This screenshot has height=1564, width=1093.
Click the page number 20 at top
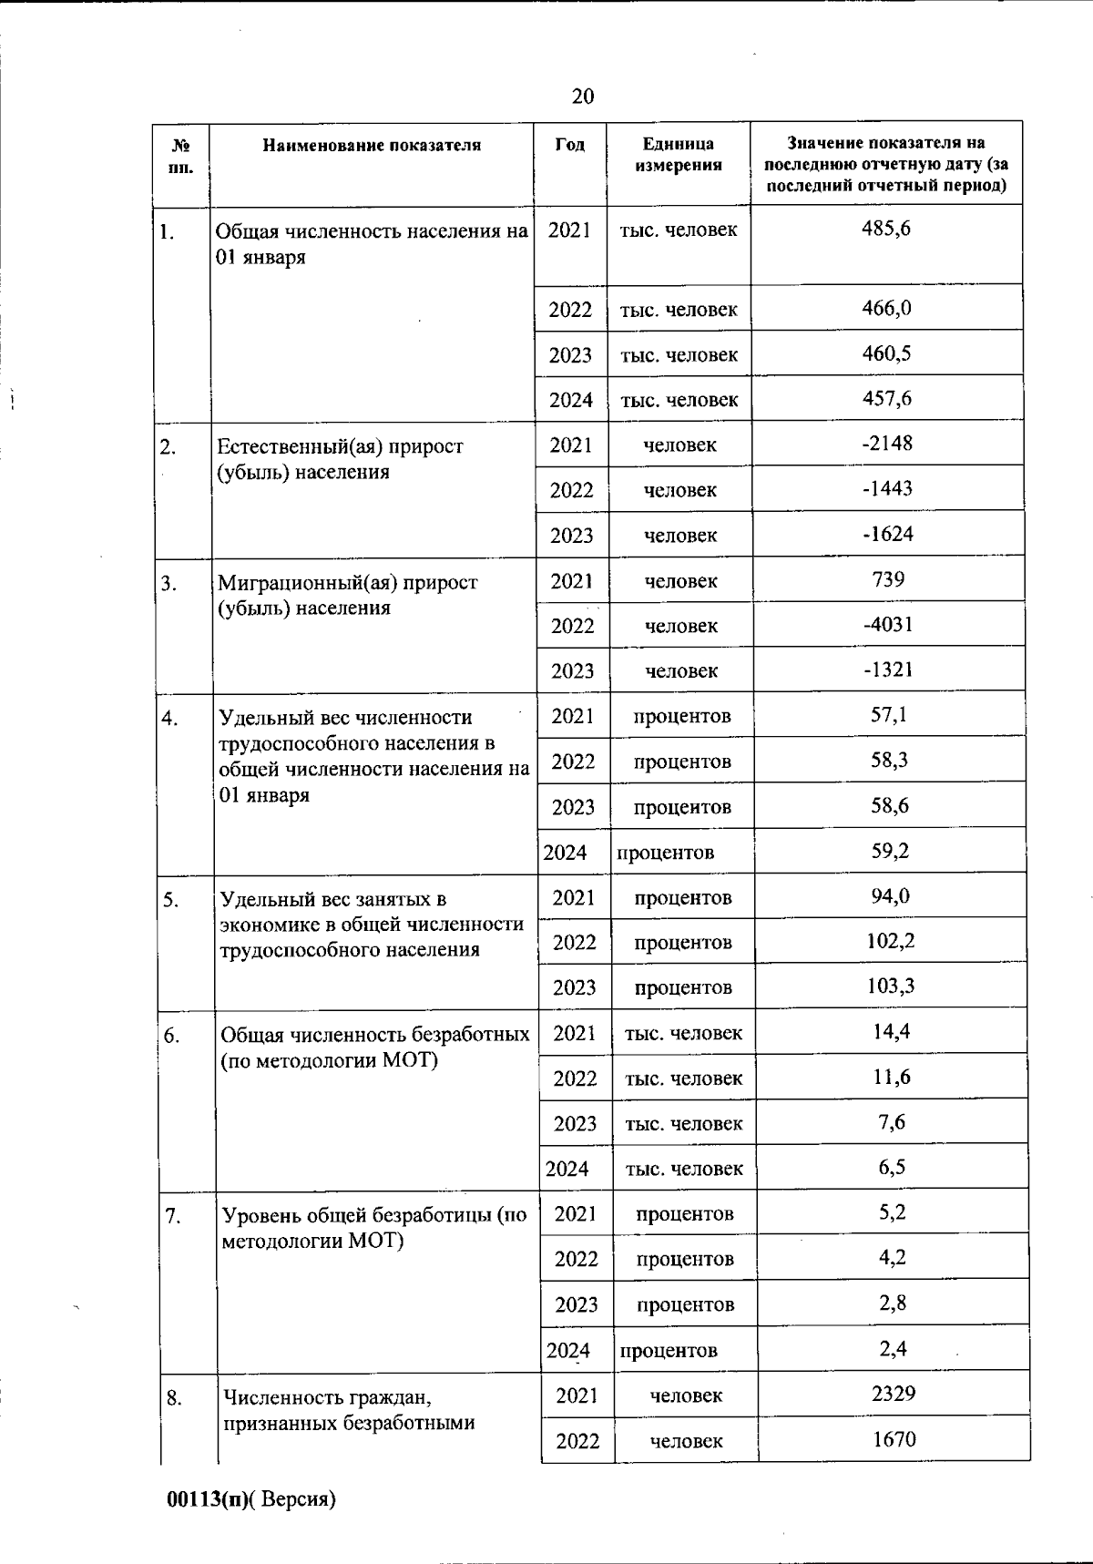pyautogui.click(x=583, y=97)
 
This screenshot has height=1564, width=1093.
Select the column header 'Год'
pyautogui.click(x=569, y=145)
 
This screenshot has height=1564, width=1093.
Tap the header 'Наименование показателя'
pyautogui.click(x=372, y=145)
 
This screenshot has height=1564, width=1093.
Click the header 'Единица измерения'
pyautogui.click(x=679, y=154)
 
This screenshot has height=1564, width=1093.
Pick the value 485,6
pyautogui.click(x=886, y=228)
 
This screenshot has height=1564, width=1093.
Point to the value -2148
pyautogui.click(x=887, y=444)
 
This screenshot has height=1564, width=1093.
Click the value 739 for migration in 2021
pyautogui.click(x=888, y=579)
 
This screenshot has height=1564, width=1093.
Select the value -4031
pyautogui.click(x=888, y=624)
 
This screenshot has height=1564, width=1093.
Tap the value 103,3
pyautogui.click(x=891, y=986)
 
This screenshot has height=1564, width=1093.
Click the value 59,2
pyautogui.click(x=890, y=851)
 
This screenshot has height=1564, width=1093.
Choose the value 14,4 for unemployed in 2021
pyautogui.click(x=892, y=1031)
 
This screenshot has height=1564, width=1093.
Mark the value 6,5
pyautogui.click(x=892, y=1167)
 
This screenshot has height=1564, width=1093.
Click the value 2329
pyautogui.click(x=894, y=1394)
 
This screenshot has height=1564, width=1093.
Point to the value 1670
pyautogui.click(x=894, y=1439)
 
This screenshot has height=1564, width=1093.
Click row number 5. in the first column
pyautogui.click(x=171, y=900)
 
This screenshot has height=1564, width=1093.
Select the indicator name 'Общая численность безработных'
pyautogui.click(x=375, y=1036)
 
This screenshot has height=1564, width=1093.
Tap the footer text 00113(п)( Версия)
pyautogui.click(x=251, y=1500)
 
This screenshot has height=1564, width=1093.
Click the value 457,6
pyautogui.click(x=887, y=398)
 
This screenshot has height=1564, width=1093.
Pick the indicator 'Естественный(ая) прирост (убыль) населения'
pyautogui.click(x=340, y=459)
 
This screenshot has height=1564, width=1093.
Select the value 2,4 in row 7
pyautogui.click(x=893, y=1348)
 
